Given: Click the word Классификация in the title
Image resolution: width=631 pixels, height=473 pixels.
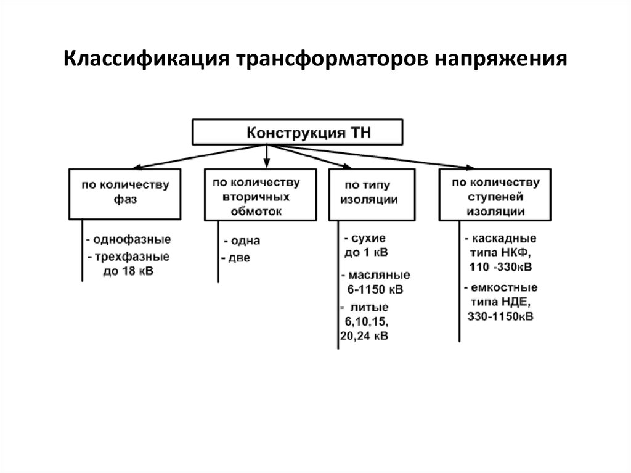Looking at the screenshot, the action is (147, 59).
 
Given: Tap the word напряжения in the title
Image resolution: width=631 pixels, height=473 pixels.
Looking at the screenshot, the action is (500, 59).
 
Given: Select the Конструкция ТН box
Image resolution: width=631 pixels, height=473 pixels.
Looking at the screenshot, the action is (298, 132).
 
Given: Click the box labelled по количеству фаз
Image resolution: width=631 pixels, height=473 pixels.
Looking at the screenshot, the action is (124, 194).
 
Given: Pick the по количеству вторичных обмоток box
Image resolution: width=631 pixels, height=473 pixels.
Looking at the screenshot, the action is (261, 195).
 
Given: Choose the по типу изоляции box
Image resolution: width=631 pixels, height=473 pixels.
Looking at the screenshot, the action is (372, 195).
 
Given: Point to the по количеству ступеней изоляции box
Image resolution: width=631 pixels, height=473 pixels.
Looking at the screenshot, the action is (495, 195).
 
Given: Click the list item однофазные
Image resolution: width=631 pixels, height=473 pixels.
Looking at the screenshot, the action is (132, 239).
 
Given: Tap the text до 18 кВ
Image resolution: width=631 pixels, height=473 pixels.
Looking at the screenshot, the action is (128, 271).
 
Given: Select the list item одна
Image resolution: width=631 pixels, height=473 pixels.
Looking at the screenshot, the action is (245, 241).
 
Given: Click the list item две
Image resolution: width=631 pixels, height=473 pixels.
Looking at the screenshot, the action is (239, 258).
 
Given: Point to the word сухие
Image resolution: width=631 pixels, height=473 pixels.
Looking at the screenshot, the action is (368, 238).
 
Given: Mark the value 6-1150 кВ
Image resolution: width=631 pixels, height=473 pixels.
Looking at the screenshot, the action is (375, 290).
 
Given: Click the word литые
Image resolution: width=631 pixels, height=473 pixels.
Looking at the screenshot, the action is (369, 307).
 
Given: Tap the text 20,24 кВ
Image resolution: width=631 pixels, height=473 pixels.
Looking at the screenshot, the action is (364, 336).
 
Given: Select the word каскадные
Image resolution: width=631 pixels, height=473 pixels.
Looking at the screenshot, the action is (504, 238).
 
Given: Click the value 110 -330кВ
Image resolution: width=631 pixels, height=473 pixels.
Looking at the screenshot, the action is (500, 267).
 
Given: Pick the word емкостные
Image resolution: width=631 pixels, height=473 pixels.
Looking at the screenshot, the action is (504, 287).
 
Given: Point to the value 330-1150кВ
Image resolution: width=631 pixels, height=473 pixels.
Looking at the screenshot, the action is (500, 317).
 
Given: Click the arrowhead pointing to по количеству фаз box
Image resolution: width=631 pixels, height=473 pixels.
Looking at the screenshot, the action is (137, 167).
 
